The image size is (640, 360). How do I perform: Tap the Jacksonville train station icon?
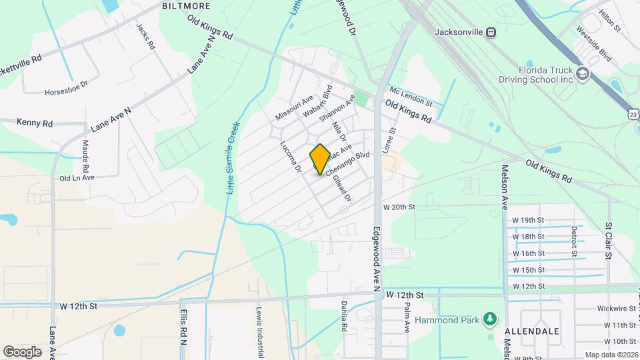click(x=491, y=31)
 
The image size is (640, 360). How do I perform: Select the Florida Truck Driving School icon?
click(x=583, y=74)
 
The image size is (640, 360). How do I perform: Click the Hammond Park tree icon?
click(x=491, y=320)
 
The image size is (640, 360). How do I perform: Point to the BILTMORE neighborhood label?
click(x=186, y=6)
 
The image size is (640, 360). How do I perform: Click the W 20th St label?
click(x=399, y=207)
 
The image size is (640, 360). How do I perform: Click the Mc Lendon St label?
click(x=411, y=98)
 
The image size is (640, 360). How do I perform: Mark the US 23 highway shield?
click(x=632, y=115)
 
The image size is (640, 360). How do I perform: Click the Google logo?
click(x=21, y=352)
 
